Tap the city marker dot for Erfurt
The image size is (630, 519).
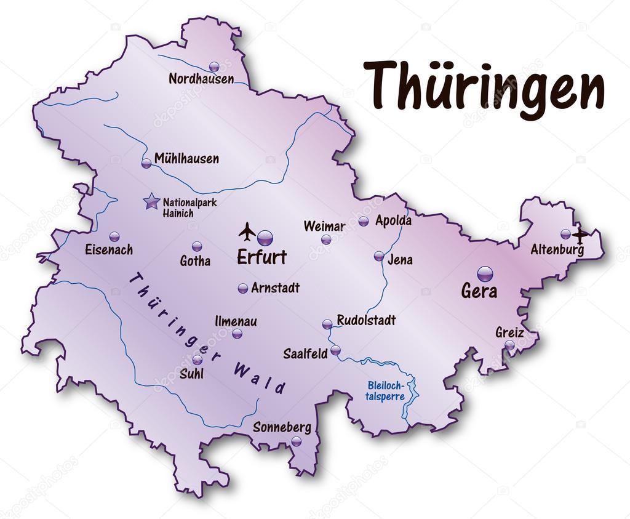tap(265, 238)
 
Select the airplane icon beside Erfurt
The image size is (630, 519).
tap(247, 231)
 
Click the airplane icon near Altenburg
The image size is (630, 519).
tap(580, 234)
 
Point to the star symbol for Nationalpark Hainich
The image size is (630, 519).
tap(151, 201)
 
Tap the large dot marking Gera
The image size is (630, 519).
tap(485, 273)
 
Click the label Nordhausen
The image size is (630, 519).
tap(201, 79)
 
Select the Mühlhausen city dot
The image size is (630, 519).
tap(146, 164)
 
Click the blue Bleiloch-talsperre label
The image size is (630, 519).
tap(386, 391)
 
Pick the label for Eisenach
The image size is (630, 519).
tap(109, 250)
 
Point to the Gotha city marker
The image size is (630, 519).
tap(197, 246)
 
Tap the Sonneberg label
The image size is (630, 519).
tap(282, 427)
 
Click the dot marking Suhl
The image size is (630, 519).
tap(197, 360)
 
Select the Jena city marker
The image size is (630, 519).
tap(379, 256)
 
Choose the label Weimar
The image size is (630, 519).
tap(324, 226)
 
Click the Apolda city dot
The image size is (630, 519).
tap(364, 221)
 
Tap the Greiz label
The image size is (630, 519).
tap(509, 332)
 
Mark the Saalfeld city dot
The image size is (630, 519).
tap(335, 350)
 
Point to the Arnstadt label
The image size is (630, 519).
tap(275, 288)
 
